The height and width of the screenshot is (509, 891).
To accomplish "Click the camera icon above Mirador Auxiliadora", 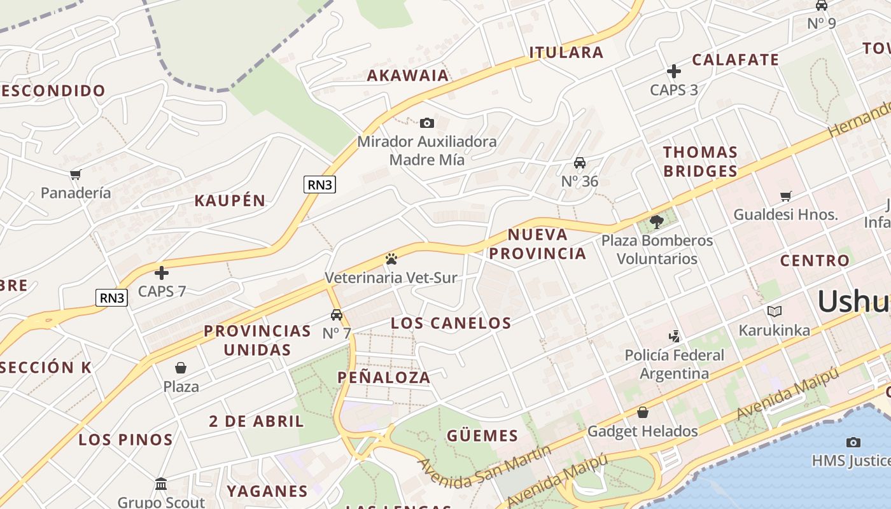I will [x=427, y=123].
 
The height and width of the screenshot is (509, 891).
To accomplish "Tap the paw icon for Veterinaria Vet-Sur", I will [x=391, y=259].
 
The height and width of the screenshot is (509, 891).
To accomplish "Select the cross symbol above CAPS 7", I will [x=162, y=273].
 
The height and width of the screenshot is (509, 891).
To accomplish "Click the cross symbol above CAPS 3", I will [x=674, y=71].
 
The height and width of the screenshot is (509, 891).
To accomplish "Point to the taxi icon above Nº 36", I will [x=580, y=163].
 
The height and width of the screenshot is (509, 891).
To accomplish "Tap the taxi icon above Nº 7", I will [x=337, y=315].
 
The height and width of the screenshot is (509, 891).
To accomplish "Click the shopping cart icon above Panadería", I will [x=76, y=174].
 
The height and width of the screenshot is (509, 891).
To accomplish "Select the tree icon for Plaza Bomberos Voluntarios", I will [x=657, y=222].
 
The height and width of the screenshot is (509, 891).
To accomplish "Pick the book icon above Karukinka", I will [x=774, y=312].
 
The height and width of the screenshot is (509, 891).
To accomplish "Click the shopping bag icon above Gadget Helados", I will [x=643, y=412].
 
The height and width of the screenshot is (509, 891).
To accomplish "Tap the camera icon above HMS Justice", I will [x=853, y=442].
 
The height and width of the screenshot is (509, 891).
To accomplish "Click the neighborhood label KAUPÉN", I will [x=230, y=200].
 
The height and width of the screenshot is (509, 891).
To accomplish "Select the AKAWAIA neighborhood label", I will [x=408, y=76].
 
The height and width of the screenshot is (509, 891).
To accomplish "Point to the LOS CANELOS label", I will [x=451, y=323].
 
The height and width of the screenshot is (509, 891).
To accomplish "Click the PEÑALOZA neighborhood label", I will [x=384, y=377].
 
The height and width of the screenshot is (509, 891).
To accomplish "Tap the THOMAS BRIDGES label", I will [x=700, y=162].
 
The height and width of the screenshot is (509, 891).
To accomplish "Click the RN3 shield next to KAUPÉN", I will [x=319, y=185].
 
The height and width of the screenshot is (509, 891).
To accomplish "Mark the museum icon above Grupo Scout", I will [x=161, y=484].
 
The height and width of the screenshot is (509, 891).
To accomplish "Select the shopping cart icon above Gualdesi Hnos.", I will [x=785, y=197].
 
